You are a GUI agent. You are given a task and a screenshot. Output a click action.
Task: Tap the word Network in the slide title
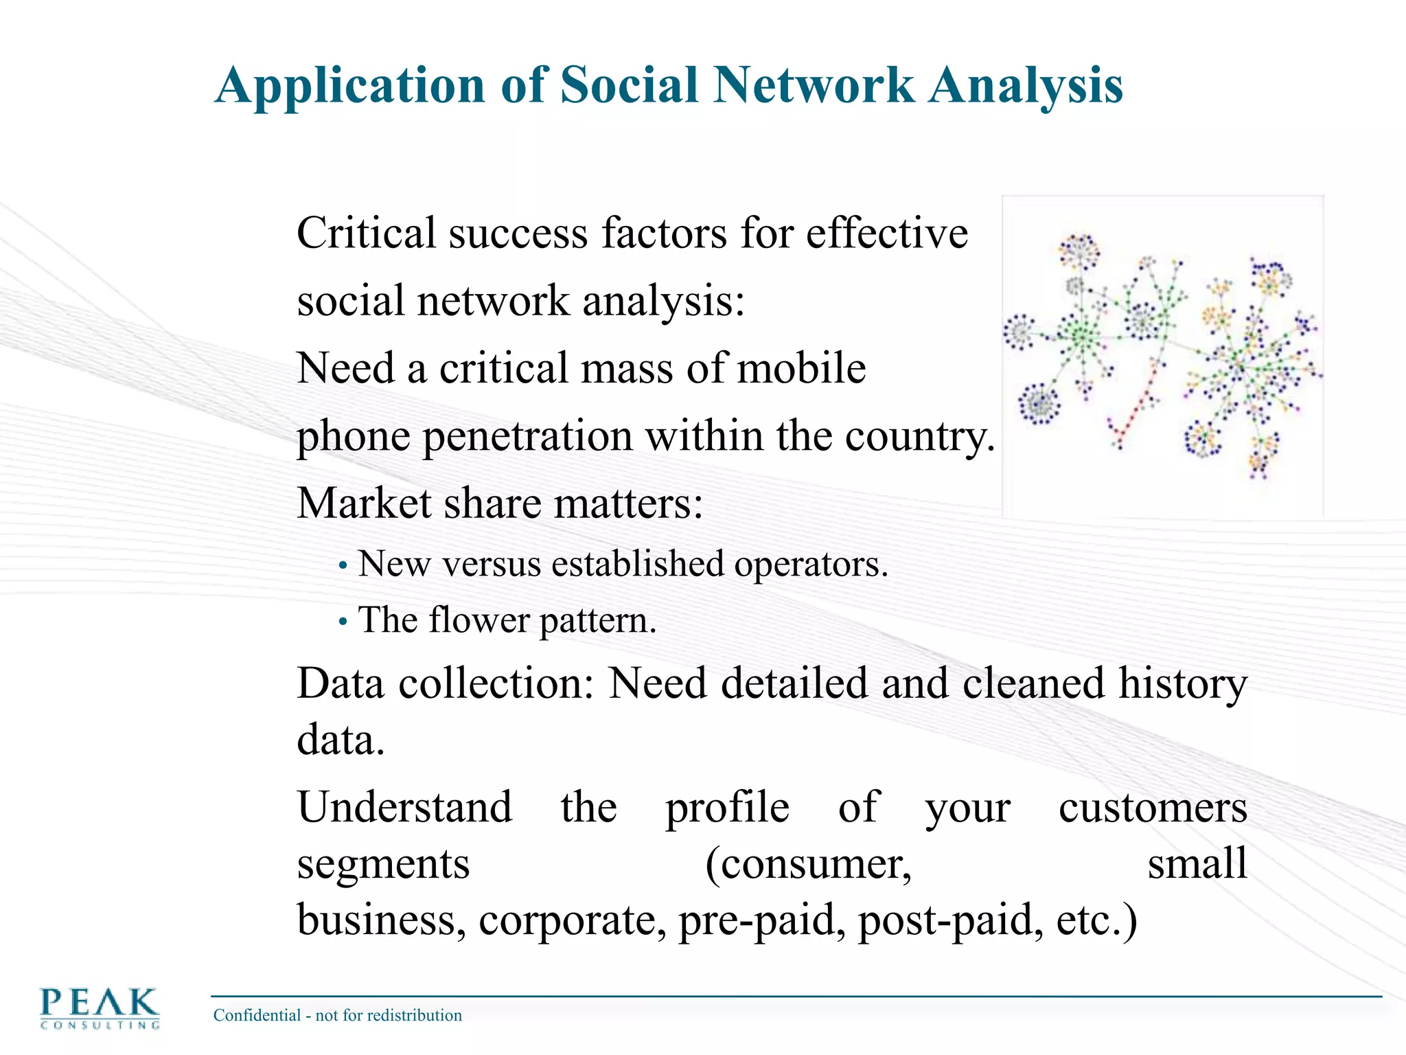point(814,85)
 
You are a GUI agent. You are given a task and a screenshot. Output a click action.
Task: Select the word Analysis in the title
point(1026,87)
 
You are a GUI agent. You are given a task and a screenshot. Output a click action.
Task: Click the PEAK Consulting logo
point(100,1008)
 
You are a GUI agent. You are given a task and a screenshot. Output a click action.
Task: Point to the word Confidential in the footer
point(257,1015)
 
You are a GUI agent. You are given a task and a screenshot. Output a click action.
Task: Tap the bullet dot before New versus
point(343,567)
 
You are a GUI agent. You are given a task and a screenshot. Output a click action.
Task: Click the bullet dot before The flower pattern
point(343,623)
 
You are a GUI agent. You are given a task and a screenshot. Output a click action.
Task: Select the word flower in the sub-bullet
point(479,620)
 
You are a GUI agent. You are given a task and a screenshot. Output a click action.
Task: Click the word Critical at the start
point(367,233)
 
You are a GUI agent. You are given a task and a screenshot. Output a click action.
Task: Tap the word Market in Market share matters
point(365,503)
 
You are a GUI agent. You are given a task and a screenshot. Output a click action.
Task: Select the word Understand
point(405,807)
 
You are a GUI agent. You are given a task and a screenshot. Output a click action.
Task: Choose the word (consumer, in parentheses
point(809,864)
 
